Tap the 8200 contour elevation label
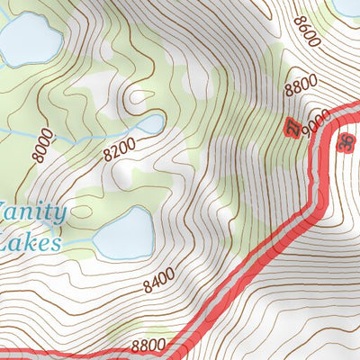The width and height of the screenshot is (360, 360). (119, 148)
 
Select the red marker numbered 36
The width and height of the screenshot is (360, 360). (346, 142)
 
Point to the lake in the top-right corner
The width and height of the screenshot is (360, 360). (346, 7)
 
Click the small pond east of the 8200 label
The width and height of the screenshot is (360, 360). (148, 123)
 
